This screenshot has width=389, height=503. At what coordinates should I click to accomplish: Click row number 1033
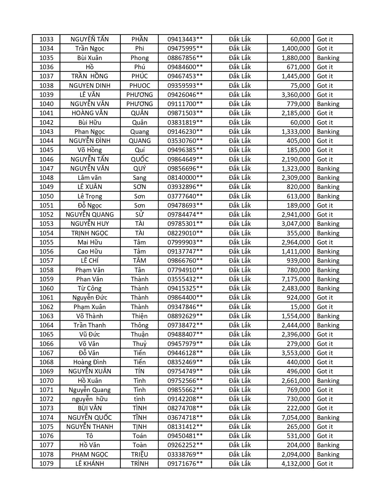pyautogui.click(x=46, y=39)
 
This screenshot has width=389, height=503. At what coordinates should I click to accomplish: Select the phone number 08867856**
pyautogui.click(x=185, y=58)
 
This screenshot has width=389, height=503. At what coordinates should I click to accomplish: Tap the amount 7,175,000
pyautogui.click(x=296, y=279)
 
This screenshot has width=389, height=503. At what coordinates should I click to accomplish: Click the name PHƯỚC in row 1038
pyautogui.click(x=140, y=86)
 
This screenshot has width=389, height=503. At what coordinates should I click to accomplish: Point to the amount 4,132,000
pyautogui.click(x=296, y=464)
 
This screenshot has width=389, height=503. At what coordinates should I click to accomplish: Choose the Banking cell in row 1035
pyautogui.click(x=328, y=58)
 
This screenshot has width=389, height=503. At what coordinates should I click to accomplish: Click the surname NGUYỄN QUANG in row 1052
pyautogui.click(x=90, y=215)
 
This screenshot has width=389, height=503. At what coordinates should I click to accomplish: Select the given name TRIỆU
pyautogui.click(x=140, y=455)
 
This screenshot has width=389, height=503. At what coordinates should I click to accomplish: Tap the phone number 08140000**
pyautogui.click(x=185, y=178)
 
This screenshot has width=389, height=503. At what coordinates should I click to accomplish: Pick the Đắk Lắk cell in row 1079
pyautogui.click(x=240, y=464)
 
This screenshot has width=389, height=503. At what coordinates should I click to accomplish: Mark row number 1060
pyautogui.click(x=46, y=288)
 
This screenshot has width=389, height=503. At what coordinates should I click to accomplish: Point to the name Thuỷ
pyautogui.click(x=140, y=344)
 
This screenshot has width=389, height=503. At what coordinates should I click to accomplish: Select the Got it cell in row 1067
pyautogui.click(x=325, y=353)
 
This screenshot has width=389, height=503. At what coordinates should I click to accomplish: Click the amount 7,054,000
pyautogui.click(x=296, y=418)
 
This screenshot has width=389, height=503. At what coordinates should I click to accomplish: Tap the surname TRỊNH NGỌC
pyautogui.click(x=90, y=233)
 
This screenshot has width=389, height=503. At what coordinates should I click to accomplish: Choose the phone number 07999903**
pyautogui.click(x=185, y=242)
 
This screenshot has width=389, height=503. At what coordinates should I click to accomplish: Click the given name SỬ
pyautogui.click(x=140, y=215)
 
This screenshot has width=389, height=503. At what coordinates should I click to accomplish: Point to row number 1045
pyautogui.click(x=46, y=150)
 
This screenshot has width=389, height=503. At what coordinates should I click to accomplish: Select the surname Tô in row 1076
pyautogui.click(x=90, y=436)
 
